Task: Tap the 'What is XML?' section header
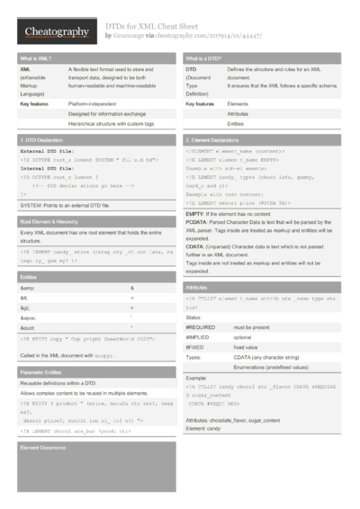35,58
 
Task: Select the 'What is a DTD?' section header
203,58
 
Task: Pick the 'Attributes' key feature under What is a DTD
238,115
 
